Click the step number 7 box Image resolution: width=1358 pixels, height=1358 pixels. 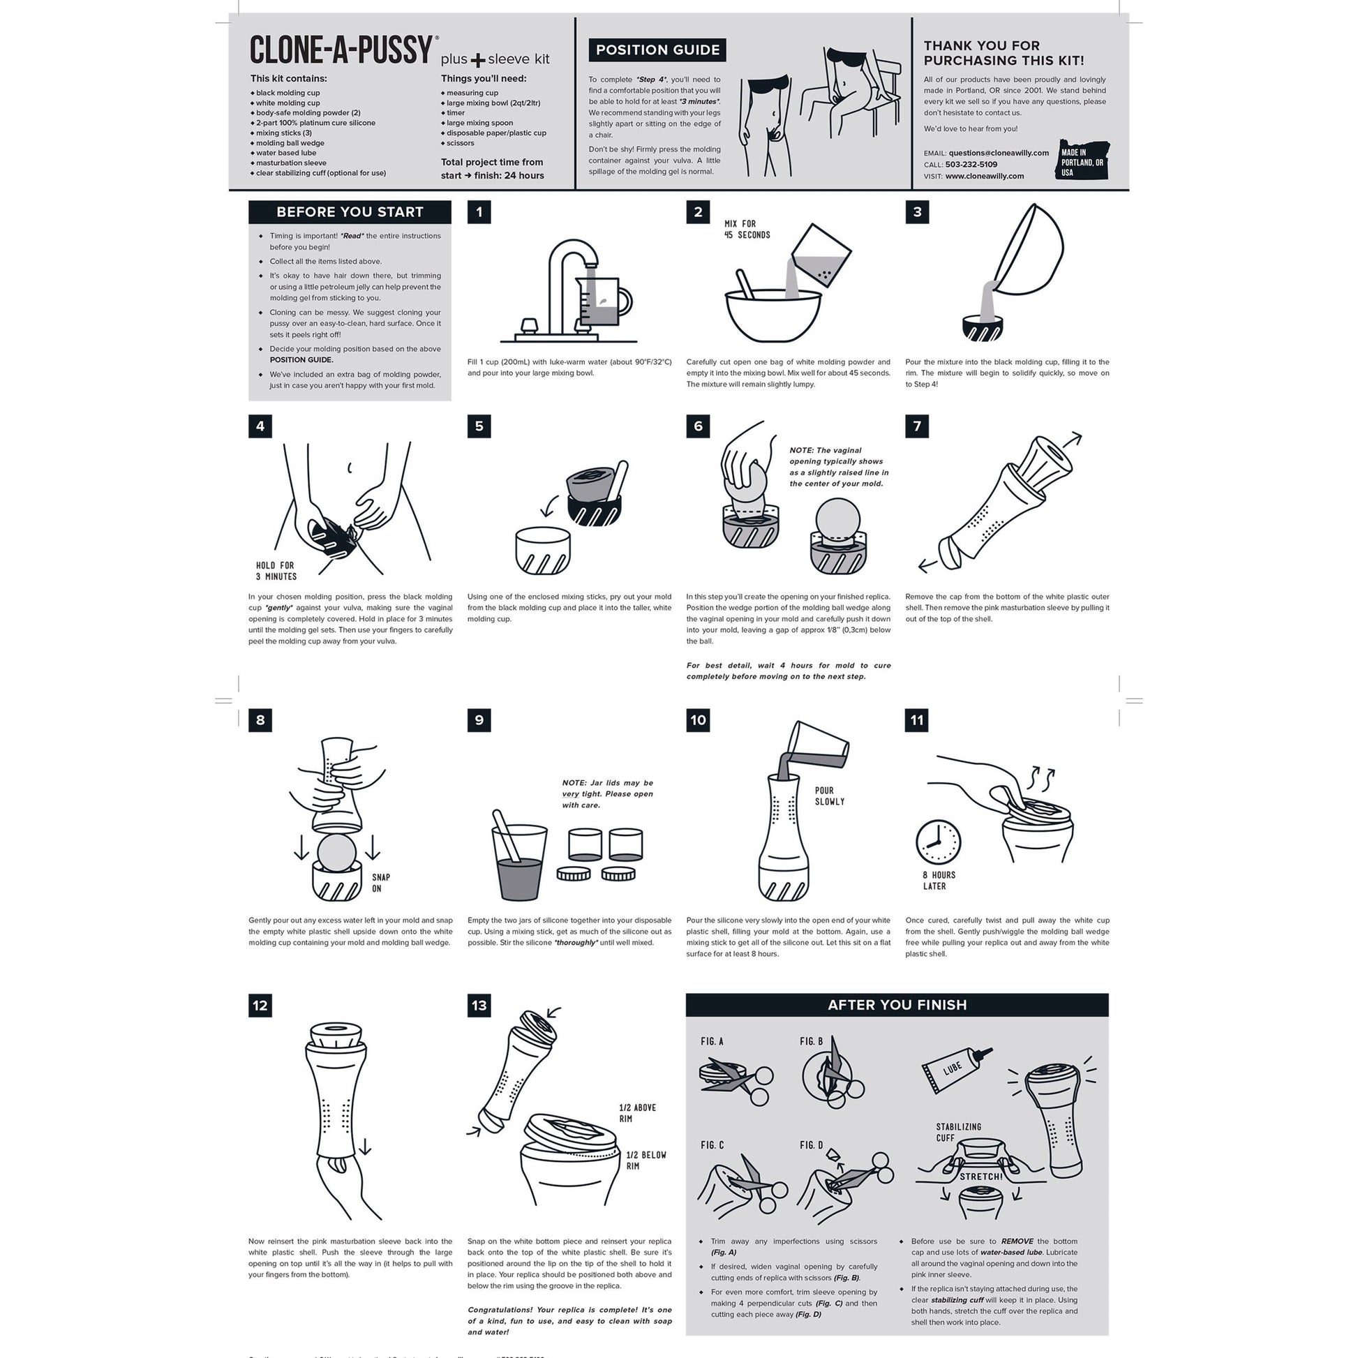(916, 426)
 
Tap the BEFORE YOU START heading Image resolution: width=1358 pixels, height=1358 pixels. (350, 211)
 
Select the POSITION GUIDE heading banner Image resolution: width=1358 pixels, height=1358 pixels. (657, 50)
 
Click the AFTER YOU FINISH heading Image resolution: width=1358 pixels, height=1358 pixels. (897, 1004)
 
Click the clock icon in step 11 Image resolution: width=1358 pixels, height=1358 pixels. (938, 841)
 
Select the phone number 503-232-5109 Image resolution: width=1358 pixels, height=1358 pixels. (971, 165)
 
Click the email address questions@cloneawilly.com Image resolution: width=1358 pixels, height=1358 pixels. (998, 153)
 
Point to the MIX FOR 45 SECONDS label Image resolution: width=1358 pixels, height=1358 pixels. (747, 229)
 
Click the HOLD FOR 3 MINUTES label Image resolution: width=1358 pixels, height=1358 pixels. (276, 571)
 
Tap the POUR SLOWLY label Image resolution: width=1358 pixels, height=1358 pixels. (830, 796)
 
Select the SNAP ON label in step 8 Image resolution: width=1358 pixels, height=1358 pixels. (381, 883)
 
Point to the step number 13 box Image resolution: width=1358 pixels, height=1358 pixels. (479, 1005)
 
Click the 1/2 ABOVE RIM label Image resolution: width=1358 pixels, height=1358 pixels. (638, 1112)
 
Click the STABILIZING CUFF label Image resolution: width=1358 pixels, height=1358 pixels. (958, 1132)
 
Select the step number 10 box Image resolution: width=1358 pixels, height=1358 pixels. (698, 719)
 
